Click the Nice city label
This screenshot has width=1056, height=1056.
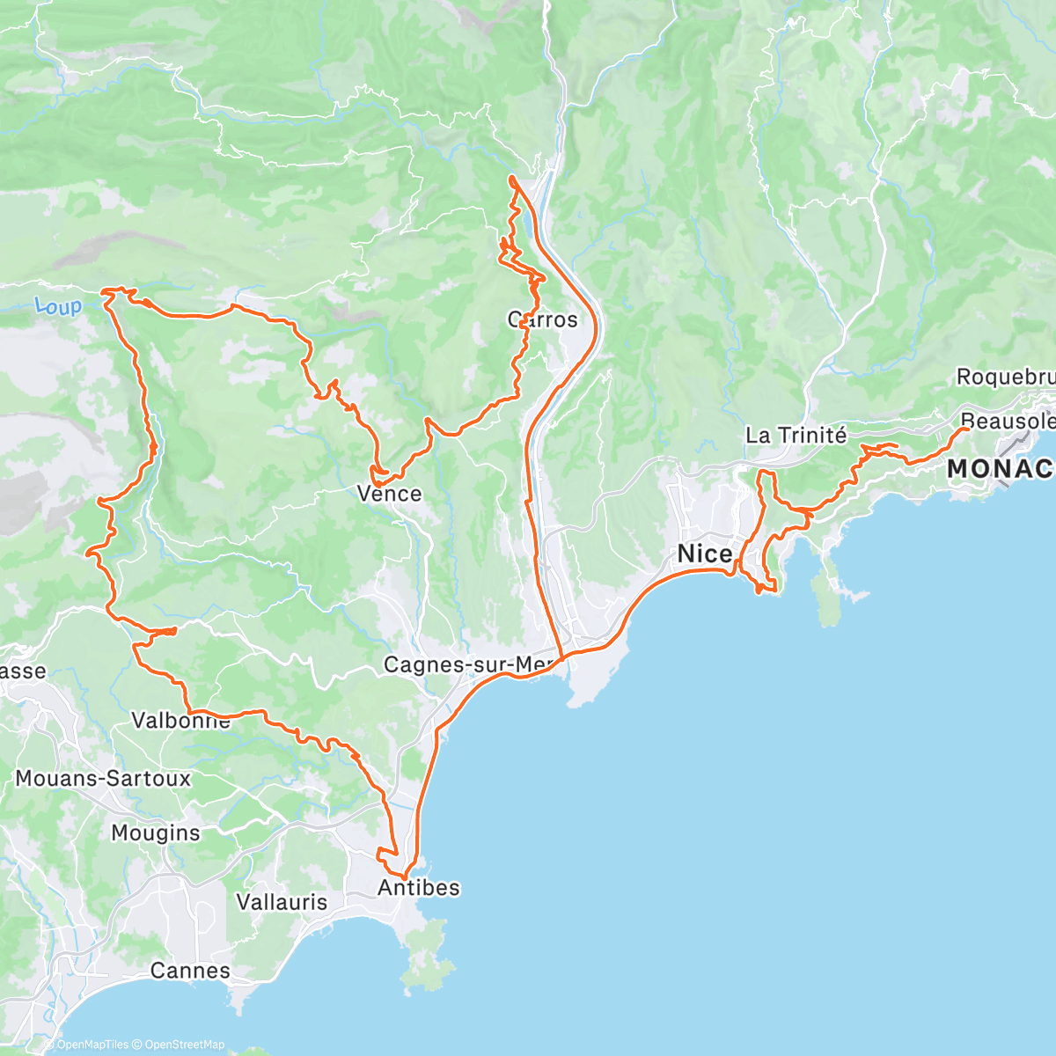705,554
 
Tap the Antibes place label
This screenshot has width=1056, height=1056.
419,887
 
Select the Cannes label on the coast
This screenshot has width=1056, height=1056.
190,971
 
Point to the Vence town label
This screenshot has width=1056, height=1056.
390,494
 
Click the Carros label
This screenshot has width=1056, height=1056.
543,319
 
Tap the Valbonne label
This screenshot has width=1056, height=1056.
180,721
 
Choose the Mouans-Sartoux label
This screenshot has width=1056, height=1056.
103,778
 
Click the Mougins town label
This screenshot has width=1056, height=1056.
156,832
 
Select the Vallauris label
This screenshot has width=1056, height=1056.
282,902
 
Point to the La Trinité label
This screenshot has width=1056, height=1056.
796,435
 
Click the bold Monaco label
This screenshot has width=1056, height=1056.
1001,469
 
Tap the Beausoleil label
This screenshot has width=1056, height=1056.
1008,421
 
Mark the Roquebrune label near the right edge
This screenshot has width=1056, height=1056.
1005,377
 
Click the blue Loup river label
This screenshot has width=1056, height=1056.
58,306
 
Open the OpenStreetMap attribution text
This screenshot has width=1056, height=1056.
185,1045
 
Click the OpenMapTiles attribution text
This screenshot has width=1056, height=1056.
92,1045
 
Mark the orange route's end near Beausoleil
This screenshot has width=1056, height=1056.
966,429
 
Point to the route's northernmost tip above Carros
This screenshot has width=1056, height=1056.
511,179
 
